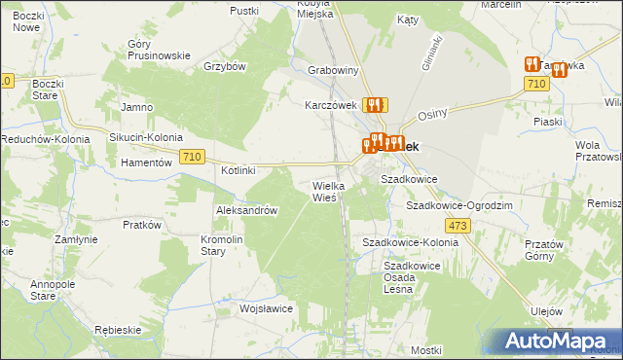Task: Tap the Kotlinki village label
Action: (238, 170)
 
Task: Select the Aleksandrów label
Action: (247, 210)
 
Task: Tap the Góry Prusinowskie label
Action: (159, 50)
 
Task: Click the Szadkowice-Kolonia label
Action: (410, 241)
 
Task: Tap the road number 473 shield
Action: (460, 226)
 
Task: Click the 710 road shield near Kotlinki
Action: (192, 158)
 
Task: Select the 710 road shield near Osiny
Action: (533, 86)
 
